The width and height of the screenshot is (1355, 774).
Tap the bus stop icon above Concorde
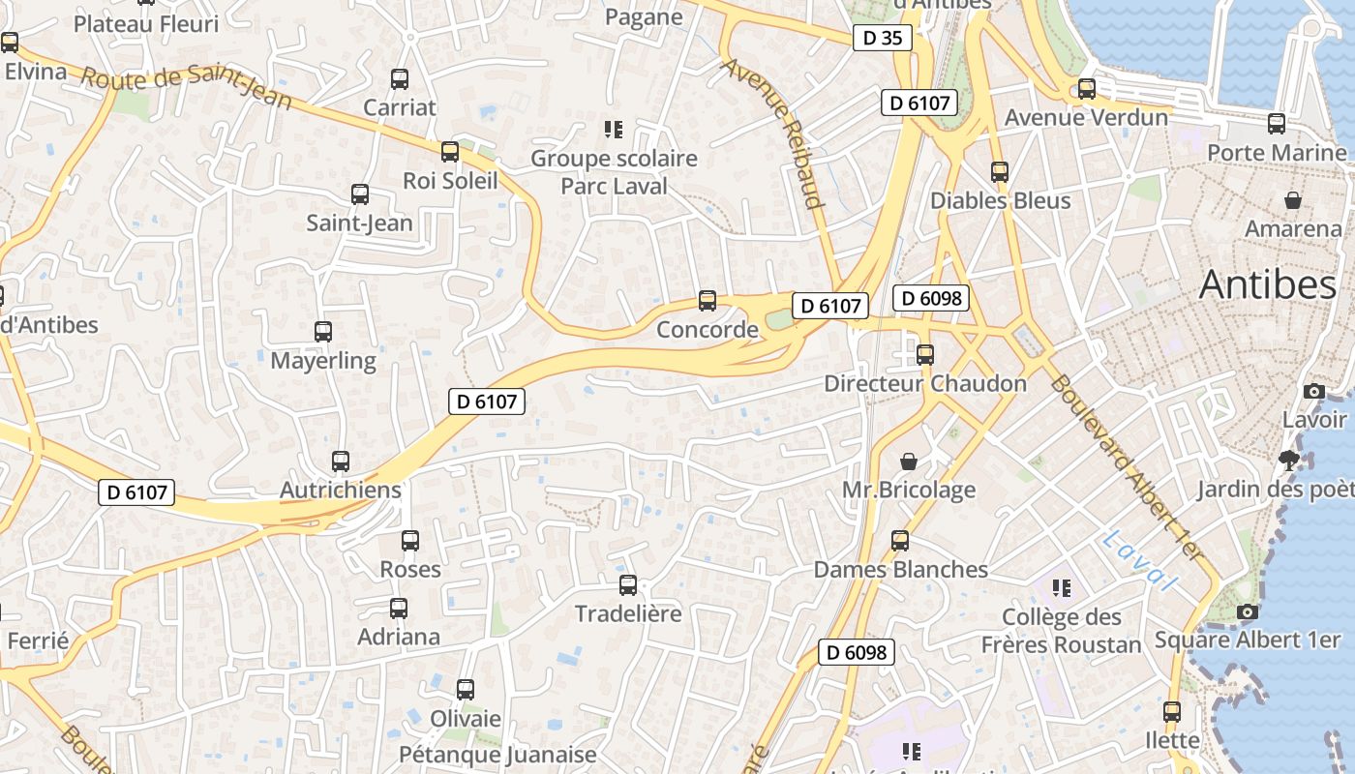point(708,301)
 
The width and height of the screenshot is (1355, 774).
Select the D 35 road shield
point(882,38)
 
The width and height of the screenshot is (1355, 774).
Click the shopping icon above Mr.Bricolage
point(909,461)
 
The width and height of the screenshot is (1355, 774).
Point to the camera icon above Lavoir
point(1313,391)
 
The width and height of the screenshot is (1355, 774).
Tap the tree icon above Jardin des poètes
point(1288,460)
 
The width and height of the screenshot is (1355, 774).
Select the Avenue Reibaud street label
point(772,134)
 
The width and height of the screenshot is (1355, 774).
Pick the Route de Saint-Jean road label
point(187,89)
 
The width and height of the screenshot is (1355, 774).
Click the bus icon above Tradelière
point(628,585)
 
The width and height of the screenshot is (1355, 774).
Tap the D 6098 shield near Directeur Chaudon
point(931,298)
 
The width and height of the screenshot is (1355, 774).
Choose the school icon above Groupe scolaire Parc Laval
point(613,129)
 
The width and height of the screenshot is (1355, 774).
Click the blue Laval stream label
point(1139,560)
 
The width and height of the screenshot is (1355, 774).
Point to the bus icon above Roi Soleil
point(450,152)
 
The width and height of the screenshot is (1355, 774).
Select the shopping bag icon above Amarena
point(1292,200)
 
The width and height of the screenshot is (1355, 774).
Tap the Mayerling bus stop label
point(323,361)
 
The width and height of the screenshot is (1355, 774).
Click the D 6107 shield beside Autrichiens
point(136,492)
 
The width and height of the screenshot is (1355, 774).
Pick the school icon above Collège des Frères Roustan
point(1062,587)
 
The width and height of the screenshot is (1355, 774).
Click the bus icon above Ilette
point(1172,712)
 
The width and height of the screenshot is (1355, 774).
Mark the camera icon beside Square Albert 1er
point(1248,611)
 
